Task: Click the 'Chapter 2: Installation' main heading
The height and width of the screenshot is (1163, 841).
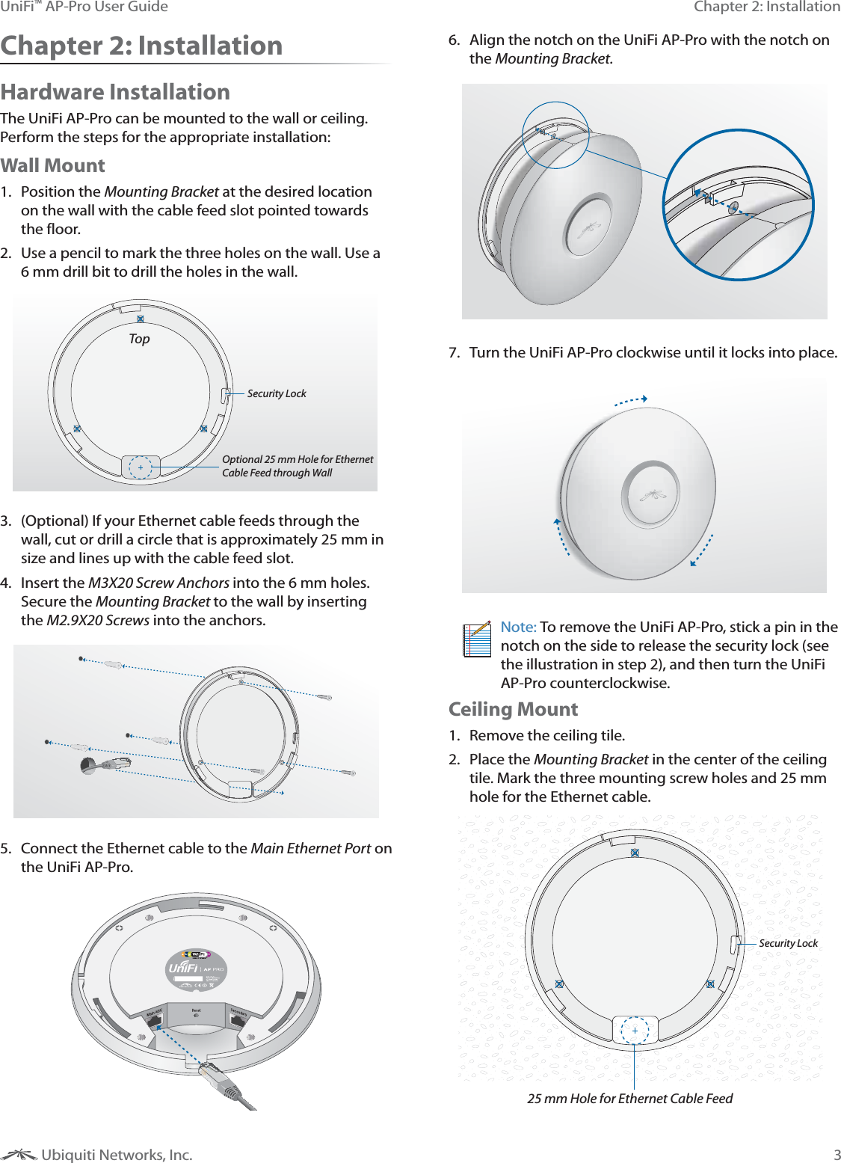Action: click(141, 46)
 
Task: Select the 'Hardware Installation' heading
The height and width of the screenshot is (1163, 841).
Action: click(115, 92)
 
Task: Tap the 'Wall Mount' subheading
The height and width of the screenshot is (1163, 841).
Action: click(52, 165)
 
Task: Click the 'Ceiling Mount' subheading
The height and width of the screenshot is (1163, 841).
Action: click(513, 709)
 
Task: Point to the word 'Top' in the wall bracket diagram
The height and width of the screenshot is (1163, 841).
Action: click(139, 339)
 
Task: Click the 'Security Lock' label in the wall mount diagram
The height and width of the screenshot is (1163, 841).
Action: click(277, 393)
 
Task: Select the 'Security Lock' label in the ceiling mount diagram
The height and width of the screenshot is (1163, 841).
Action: click(788, 943)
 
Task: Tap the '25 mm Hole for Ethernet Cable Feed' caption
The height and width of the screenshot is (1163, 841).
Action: click(629, 1098)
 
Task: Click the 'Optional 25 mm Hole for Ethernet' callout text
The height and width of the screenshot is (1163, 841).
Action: click(298, 459)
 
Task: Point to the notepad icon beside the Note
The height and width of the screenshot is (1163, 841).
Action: click(476, 639)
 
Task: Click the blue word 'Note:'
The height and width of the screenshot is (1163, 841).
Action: click(518, 627)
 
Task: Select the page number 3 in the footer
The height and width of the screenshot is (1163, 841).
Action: click(837, 1155)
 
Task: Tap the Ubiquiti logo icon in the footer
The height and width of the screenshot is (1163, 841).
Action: click(19, 1155)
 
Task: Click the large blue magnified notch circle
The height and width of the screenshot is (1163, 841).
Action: click(738, 205)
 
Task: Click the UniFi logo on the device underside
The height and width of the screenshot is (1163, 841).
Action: click(184, 968)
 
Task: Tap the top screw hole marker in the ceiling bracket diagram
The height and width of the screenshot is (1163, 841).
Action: click(635, 853)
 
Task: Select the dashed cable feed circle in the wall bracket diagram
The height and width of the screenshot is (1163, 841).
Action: click(141, 467)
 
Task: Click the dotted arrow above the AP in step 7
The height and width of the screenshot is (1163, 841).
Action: click(630, 401)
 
